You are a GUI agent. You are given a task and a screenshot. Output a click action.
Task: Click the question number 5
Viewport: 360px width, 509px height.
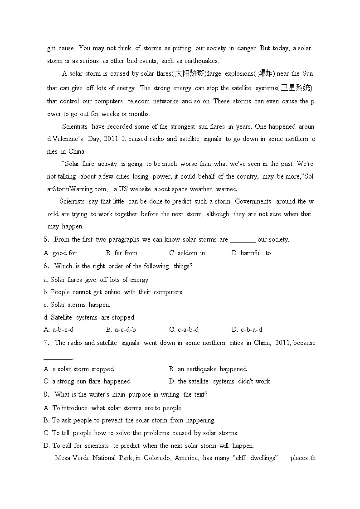[46, 240]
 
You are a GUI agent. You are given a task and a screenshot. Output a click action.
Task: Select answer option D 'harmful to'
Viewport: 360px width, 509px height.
[251, 253]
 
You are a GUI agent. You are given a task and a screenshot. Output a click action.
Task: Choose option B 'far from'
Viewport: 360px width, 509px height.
[122, 253]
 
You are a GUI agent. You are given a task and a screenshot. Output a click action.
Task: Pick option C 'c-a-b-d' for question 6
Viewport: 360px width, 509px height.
[184, 330]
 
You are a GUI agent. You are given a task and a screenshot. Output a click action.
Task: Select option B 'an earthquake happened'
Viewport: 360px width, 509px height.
[207, 369]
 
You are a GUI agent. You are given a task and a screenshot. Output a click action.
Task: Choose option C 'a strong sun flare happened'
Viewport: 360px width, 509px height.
[87, 381]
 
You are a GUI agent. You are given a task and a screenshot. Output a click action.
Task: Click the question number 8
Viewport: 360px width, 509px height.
[46, 394]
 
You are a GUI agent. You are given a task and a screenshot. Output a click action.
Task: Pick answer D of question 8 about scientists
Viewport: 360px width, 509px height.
[148, 446]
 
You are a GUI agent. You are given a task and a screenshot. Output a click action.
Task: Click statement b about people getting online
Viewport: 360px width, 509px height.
[113, 292]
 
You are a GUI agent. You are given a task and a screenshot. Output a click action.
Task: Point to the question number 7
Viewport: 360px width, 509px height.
[46, 343]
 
